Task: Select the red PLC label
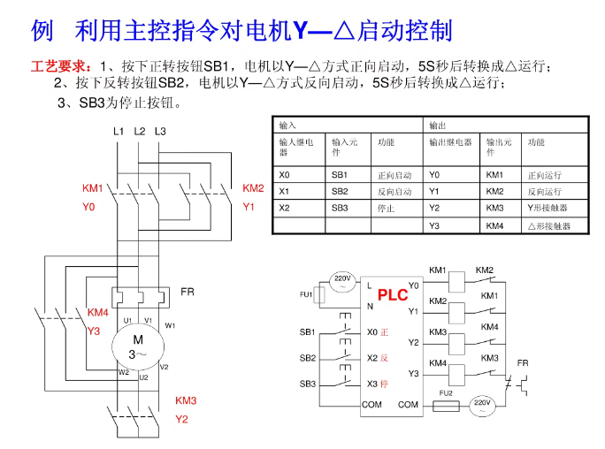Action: coord(393,295)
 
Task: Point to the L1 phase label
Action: coord(118,132)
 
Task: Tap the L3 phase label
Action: coord(159,132)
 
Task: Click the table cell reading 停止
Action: coord(387,209)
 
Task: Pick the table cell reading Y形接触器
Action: coord(548,209)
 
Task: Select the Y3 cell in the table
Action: coord(434,225)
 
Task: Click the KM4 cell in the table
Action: coord(494,225)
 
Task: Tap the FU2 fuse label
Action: coord(446,392)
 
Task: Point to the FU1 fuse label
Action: coord(306,293)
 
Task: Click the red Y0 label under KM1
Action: coord(88,207)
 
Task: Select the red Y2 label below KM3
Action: coord(181,419)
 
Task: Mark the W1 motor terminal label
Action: coord(170,325)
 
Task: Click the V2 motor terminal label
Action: coord(164,367)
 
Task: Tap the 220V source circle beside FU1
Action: coord(342,281)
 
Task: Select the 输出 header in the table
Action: coord(438,126)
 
